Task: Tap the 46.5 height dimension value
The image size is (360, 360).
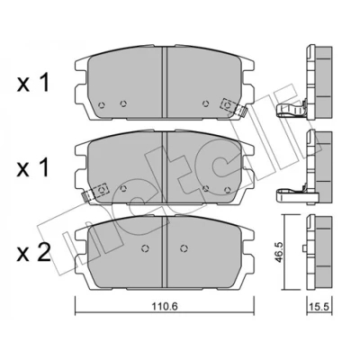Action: coord(280,252)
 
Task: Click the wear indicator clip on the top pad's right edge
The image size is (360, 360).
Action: coord(233,107)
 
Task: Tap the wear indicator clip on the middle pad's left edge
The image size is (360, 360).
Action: coord(95,193)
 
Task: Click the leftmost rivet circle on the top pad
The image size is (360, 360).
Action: coord(102,105)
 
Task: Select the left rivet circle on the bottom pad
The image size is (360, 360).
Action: coord(145,248)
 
